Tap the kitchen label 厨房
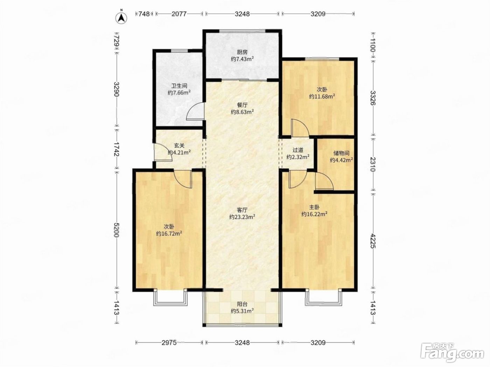tap(242, 52)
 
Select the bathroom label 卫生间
tap(179, 86)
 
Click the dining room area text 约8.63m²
tap(242, 112)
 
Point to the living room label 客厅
tap(242, 210)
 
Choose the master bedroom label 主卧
tap(314, 207)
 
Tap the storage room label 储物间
tap(341, 153)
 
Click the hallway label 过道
tap(298, 150)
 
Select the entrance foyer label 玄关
tap(179, 146)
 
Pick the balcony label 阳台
tap(242, 304)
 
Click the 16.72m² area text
tap(169, 233)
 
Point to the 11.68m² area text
tap(322, 96)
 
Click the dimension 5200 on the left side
tap(116, 230)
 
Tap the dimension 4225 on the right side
tap(373, 241)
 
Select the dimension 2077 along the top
tap(179, 14)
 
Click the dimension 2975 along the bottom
tap(169, 342)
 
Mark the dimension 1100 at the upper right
tap(373, 45)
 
